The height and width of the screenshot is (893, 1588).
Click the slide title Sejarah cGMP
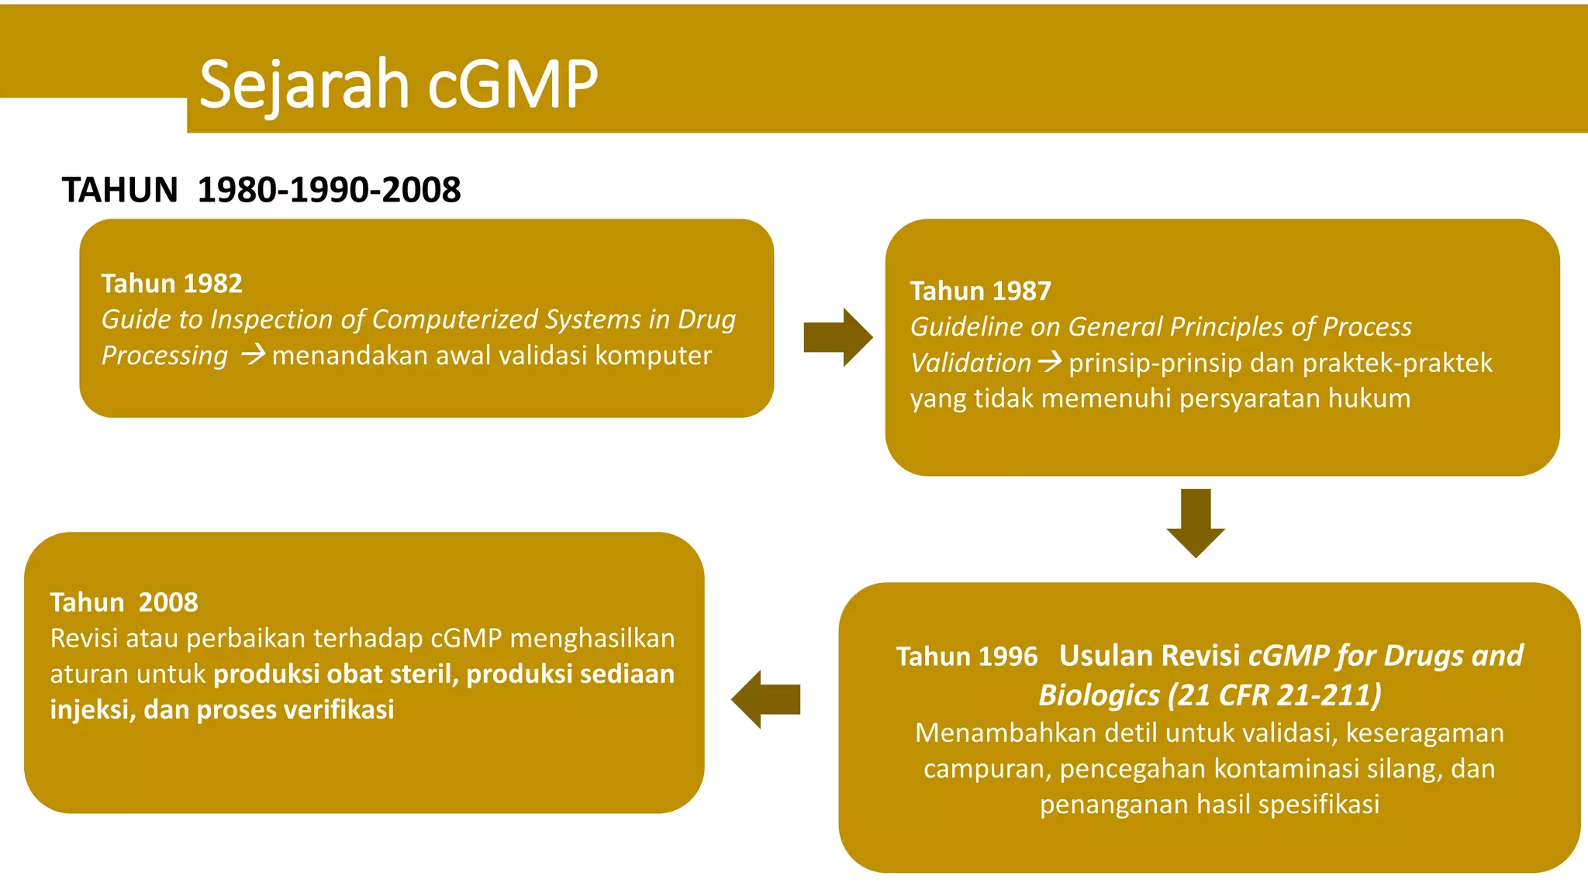[399, 84]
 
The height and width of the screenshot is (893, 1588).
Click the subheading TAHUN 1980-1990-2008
[261, 190]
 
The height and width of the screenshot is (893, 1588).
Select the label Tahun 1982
[171, 284]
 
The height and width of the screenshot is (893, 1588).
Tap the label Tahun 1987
[980, 291]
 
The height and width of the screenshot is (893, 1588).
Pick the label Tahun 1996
[966, 657]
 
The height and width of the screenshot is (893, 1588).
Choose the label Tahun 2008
[124, 602]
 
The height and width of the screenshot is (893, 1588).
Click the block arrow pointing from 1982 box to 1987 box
[837, 337]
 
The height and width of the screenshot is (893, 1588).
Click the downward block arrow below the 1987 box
[1196, 522]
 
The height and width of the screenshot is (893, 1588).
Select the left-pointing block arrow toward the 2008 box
[766, 699]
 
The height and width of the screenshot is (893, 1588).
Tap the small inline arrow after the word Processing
[253, 356]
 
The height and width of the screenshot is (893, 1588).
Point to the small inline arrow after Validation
[1050, 362]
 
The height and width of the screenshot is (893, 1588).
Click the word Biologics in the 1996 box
[1099, 695]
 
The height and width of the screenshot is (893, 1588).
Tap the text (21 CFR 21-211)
[1275, 695]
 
